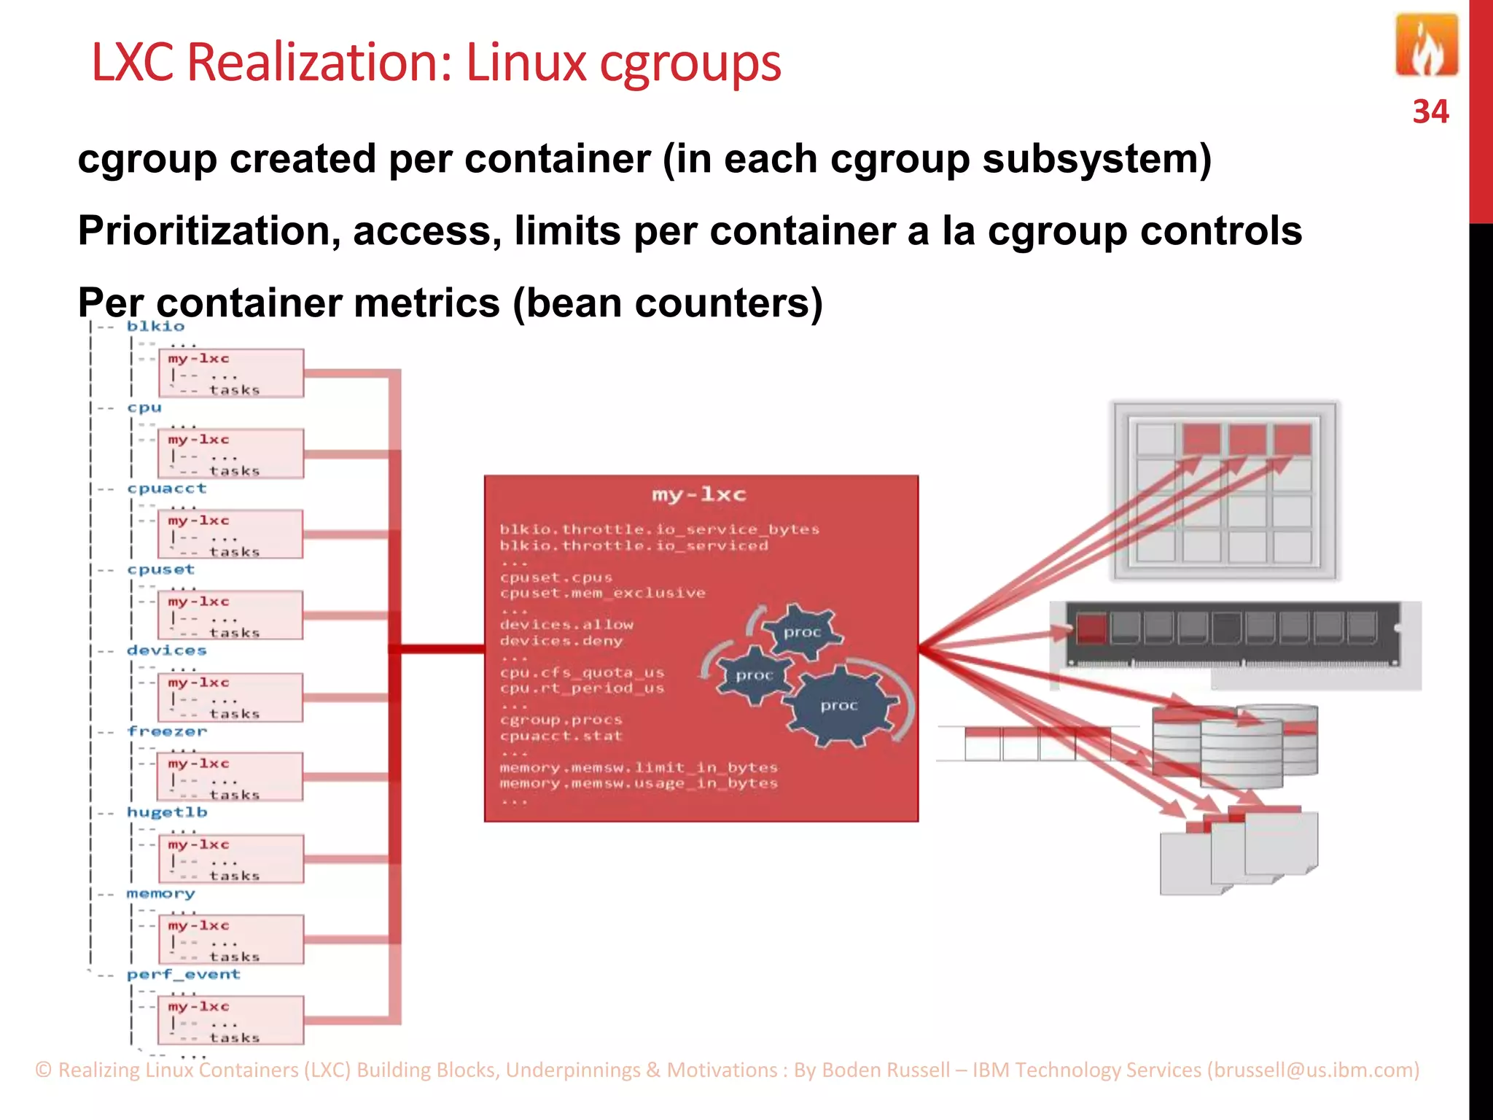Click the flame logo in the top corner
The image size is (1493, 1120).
1426,45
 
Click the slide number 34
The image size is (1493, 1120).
1430,112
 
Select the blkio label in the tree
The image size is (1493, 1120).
155,326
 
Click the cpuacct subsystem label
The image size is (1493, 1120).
166,489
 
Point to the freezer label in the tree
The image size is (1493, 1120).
167,731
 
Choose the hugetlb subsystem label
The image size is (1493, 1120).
167,812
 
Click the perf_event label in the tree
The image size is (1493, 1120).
183,974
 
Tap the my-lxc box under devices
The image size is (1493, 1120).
230,697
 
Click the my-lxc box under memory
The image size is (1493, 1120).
230,940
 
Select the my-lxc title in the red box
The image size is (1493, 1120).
699,495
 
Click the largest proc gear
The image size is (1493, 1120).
841,705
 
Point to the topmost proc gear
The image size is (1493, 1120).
802,631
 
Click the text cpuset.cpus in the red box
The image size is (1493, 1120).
556,577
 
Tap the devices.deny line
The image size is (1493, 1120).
561,641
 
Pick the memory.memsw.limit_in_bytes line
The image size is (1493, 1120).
639,767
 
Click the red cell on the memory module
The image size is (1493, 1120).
1091,627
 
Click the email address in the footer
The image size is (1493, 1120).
1313,1070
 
